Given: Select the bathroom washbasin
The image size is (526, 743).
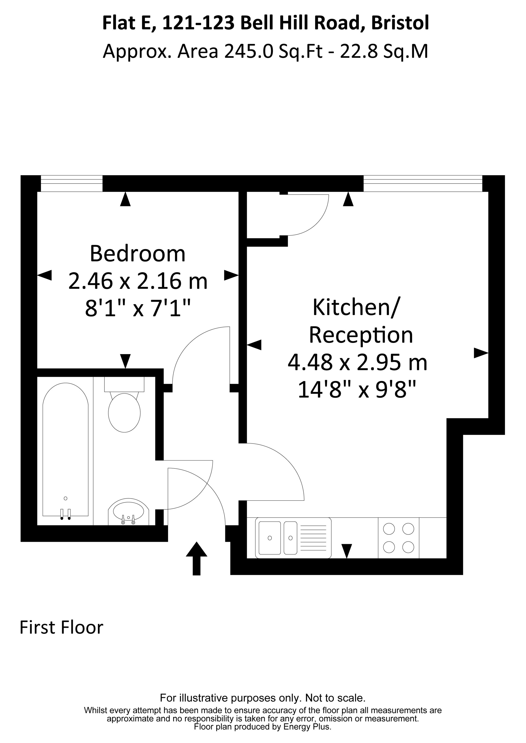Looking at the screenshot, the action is [x=128, y=512].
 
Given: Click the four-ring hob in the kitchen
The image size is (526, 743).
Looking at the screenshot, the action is [x=399, y=538].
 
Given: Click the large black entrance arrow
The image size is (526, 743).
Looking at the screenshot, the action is [x=197, y=559].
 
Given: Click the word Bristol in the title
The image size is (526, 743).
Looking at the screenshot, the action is [x=400, y=23].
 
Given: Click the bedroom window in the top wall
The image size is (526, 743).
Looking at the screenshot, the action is [x=72, y=183].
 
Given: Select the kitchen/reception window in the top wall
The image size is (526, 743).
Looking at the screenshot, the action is [x=423, y=183].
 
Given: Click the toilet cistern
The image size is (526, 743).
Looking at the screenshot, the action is [x=124, y=384].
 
